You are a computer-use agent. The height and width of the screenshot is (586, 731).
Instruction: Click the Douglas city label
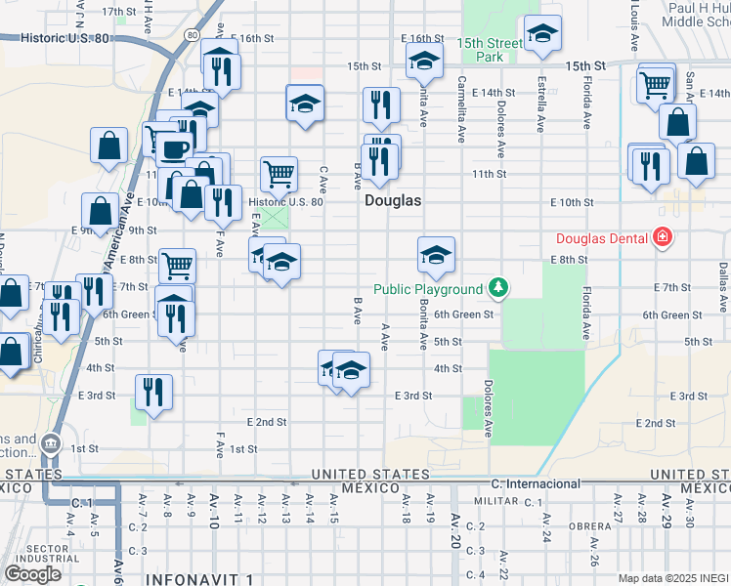pyautogui.click(x=393, y=200)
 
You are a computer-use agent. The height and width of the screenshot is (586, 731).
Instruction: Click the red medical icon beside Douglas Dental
pyautogui.click(x=663, y=236)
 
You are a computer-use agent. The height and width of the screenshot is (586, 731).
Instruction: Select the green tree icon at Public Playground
pyautogui.click(x=498, y=288)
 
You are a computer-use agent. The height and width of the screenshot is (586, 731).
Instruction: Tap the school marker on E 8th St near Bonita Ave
pyautogui.click(x=436, y=256)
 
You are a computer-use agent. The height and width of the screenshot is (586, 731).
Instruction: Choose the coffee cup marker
pyautogui.click(x=176, y=149)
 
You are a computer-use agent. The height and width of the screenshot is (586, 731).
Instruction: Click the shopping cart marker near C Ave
pyautogui.click(x=279, y=174)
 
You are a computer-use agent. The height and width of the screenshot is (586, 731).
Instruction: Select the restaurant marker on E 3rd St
pyautogui.click(x=153, y=392)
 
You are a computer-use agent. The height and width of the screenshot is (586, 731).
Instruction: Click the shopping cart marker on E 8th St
pyautogui.click(x=177, y=264)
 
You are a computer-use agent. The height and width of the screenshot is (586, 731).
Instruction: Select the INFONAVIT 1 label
pyautogui.click(x=201, y=578)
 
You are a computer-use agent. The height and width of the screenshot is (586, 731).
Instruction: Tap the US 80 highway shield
pyautogui.click(x=192, y=35)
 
